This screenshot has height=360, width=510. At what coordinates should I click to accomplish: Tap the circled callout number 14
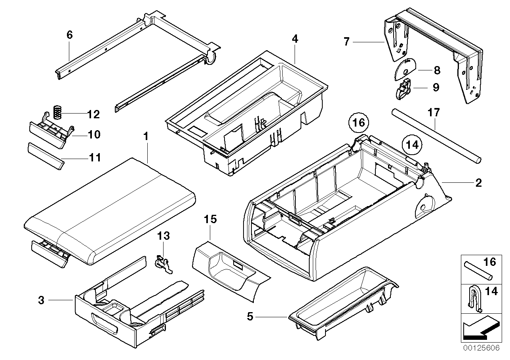(412, 145)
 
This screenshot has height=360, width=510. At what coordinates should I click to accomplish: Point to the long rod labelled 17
(436, 141)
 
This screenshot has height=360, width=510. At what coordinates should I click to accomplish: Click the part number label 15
(210, 220)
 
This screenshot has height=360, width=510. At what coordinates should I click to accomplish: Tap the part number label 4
(295, 39)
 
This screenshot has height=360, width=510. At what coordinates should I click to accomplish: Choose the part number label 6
(69, 35)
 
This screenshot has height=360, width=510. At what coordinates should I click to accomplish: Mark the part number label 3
(41, 300)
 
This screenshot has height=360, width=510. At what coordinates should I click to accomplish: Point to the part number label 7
(346, 41)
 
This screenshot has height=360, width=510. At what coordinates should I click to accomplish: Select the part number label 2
(478, 183)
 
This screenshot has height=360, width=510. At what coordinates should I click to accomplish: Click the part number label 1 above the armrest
(145, 137)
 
